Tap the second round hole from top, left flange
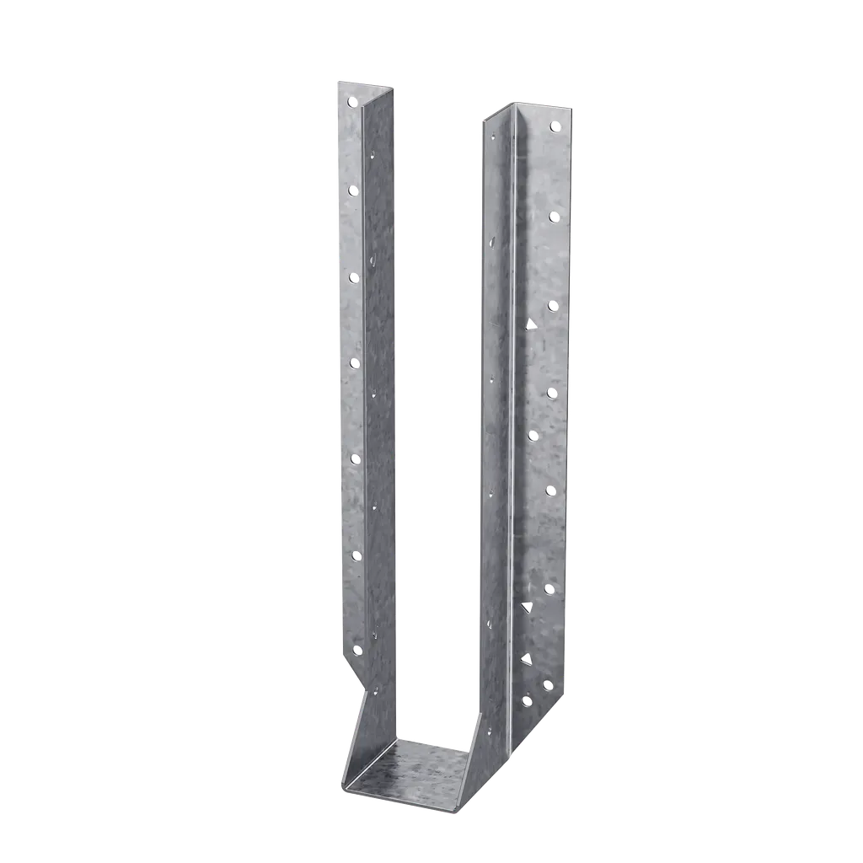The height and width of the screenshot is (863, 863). [352, 190]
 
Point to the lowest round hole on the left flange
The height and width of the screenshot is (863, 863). [356, 650]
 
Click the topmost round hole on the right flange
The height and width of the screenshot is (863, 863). [555, 126]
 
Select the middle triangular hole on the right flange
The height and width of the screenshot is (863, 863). [528, 607]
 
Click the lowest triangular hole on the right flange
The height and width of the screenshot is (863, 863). [528, 658]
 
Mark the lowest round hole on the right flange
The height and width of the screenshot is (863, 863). [527, 700]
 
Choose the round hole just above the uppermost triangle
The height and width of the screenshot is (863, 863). [554, 304]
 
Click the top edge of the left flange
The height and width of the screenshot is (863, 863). [367, 82]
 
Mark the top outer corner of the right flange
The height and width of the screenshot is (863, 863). [572, 107]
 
